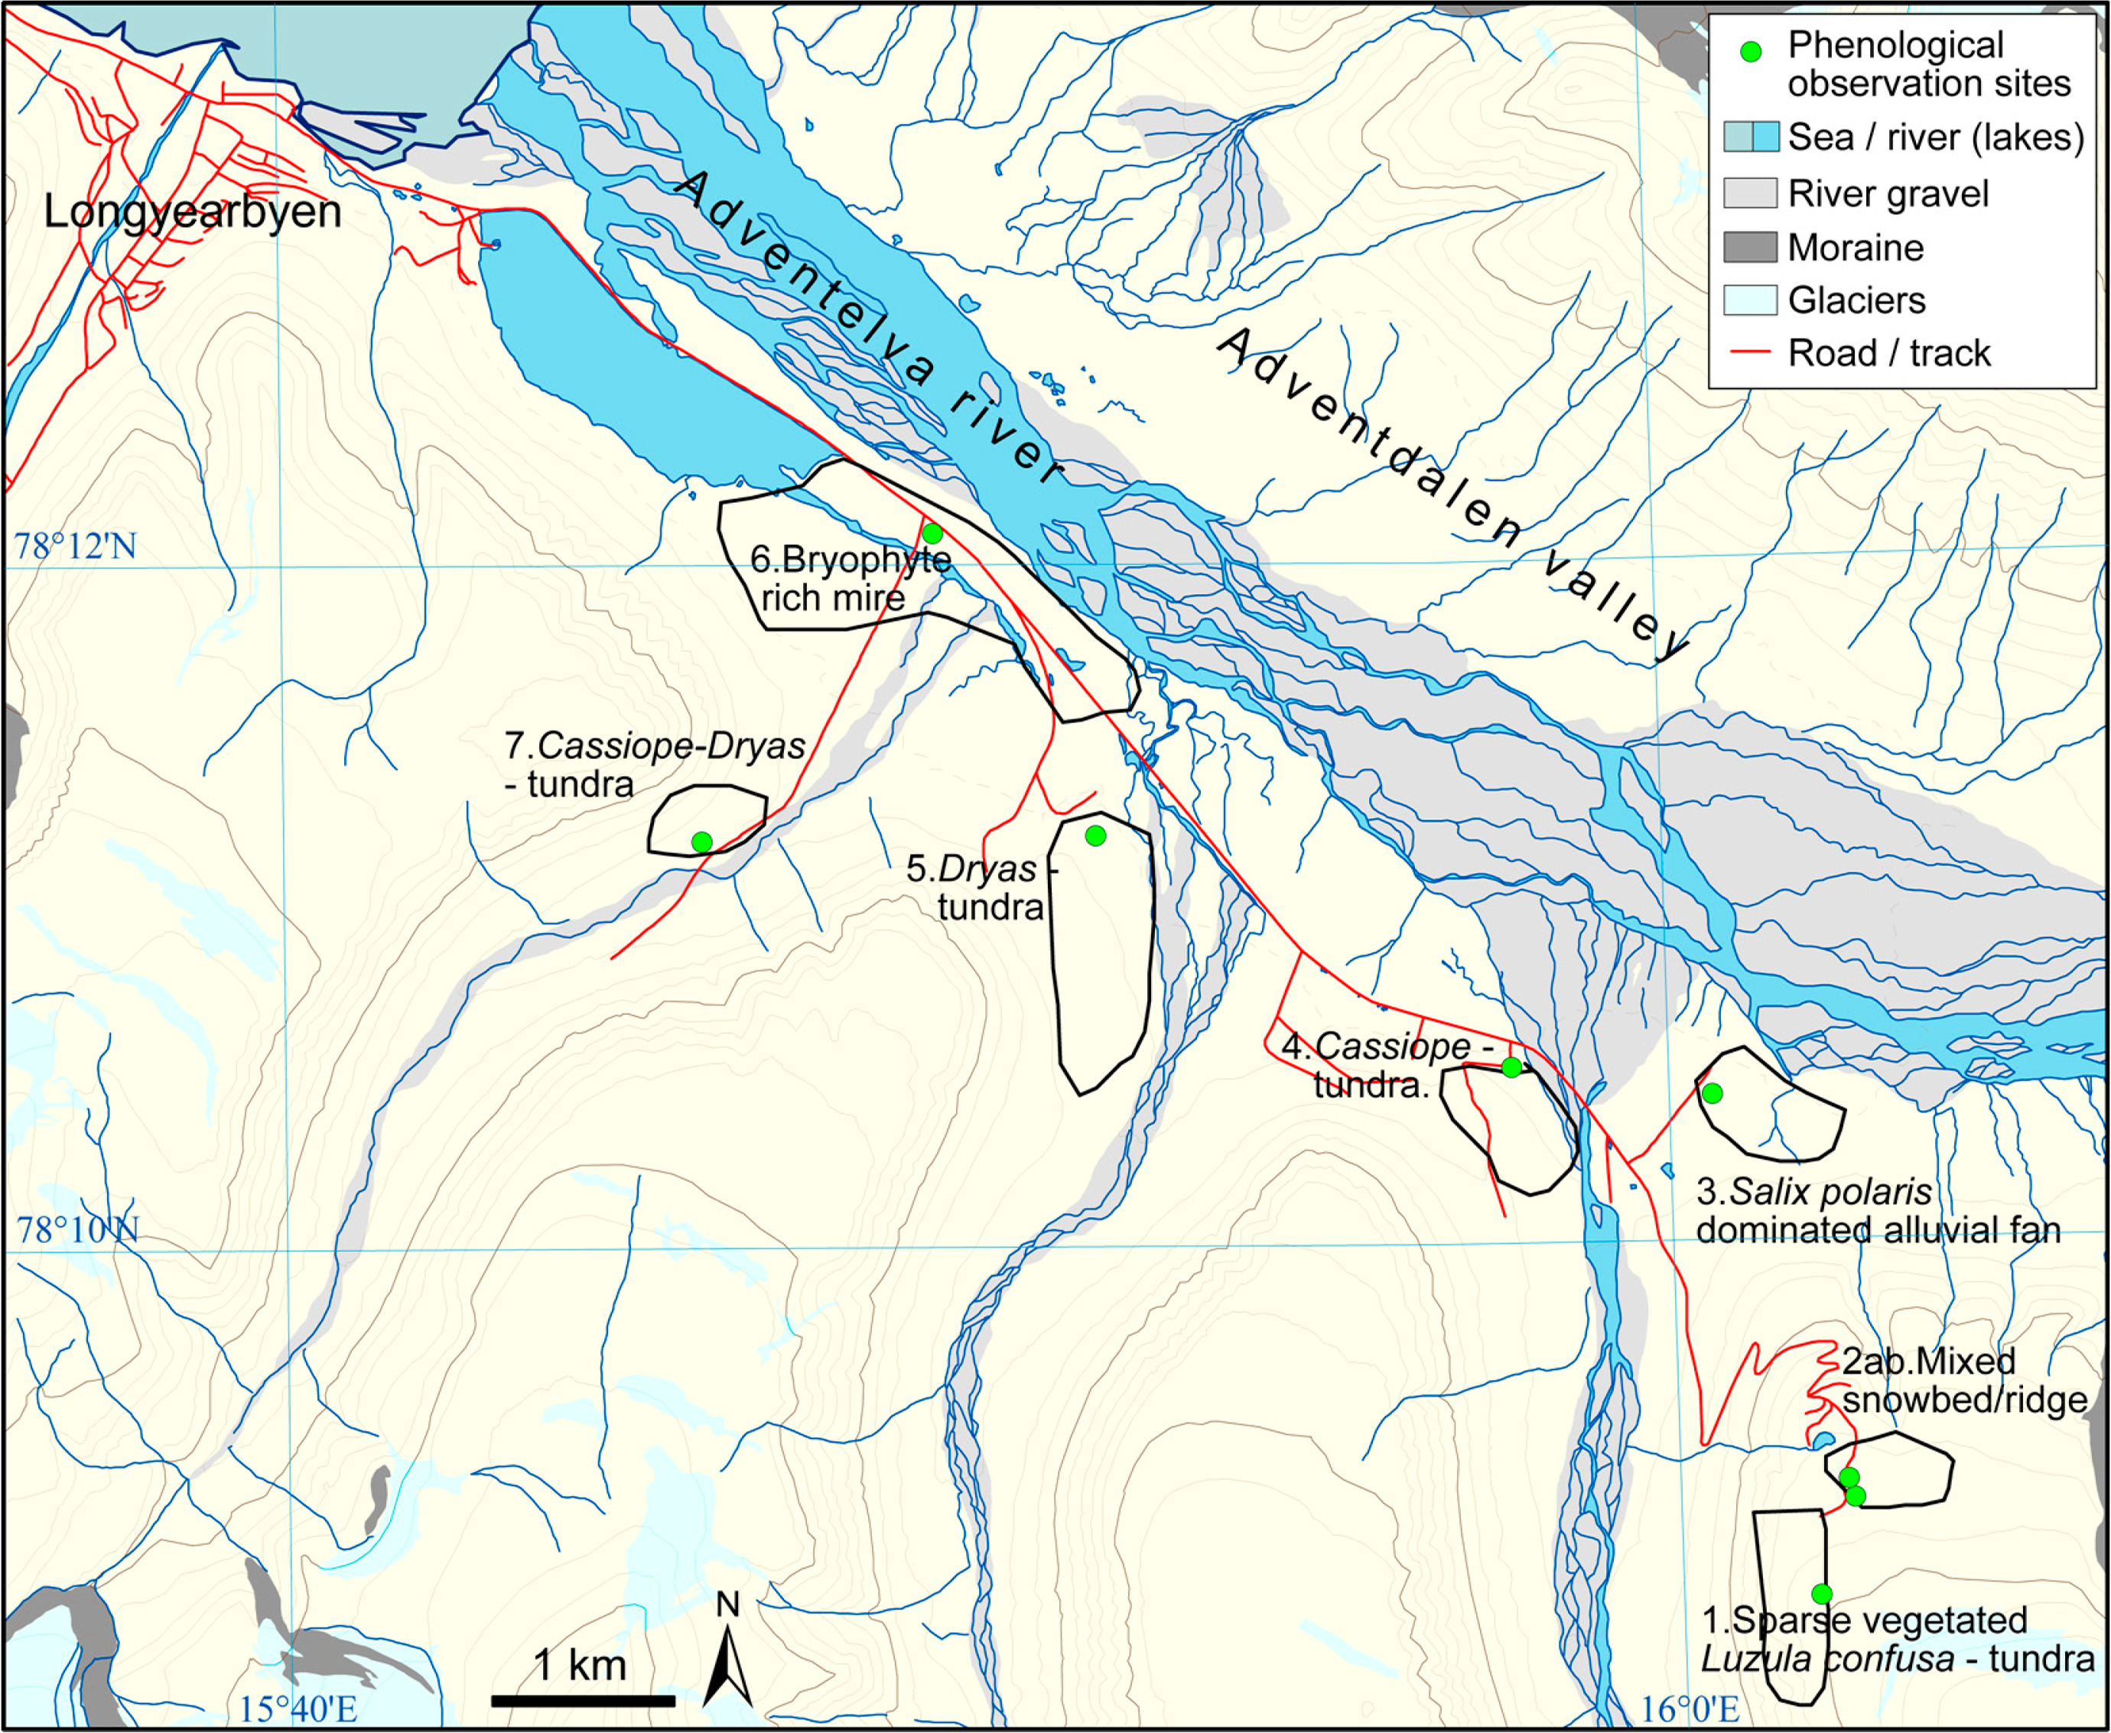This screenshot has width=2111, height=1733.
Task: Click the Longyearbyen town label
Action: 192,212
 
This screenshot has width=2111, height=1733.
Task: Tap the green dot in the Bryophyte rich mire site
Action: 932,533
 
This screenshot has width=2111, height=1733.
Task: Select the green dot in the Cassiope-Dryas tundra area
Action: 702,842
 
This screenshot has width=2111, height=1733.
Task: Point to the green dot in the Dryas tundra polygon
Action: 1095,835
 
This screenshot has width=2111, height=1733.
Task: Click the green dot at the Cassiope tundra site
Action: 1512,1067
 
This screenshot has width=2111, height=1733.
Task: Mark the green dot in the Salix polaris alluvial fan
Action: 1712,1093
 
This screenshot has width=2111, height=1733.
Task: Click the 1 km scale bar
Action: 582,1700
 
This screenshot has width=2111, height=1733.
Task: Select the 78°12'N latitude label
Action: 75,546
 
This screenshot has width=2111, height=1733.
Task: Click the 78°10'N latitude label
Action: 77,1230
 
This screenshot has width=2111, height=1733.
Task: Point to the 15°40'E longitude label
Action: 298,1708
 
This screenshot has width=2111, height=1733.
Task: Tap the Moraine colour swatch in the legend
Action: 1749,247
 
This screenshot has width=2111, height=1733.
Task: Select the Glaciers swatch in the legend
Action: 1749,300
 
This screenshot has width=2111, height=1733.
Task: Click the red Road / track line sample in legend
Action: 1749,352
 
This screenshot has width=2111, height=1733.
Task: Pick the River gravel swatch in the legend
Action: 1749,193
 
